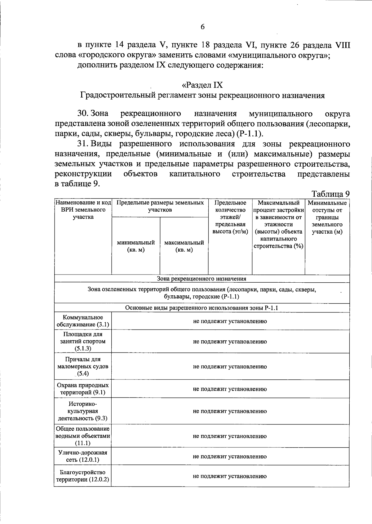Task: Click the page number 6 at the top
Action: [x=202, y=27]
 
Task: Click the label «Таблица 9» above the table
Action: [x=331, y=194]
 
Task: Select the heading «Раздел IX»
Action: [x=202, y=85]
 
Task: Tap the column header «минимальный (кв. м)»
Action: [x=136, y=246]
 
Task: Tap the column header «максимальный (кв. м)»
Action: [x=184, y=246]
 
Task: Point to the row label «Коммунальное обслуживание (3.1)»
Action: [x=83, y=321]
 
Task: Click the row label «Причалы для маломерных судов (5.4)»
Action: [x=83, y=366]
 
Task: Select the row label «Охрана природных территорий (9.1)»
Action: [x=83, y=389]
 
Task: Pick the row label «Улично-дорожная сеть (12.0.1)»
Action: [x=83, y=456]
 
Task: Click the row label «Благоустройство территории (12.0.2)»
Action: [x=83, y=476]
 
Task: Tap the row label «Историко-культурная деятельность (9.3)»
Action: [x=83, y=411]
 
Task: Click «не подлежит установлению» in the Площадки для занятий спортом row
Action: [x=230, y=342]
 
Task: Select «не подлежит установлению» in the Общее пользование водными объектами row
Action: [x=230, y=436]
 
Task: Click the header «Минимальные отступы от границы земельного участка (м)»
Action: [x=327, y=217]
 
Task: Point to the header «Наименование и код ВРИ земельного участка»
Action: [x=83, y=210]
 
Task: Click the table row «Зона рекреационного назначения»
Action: [x=201, y=279]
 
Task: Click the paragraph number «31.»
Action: [x=83, y=144]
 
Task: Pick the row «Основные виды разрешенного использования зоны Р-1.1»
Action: [x=201, y=308]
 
